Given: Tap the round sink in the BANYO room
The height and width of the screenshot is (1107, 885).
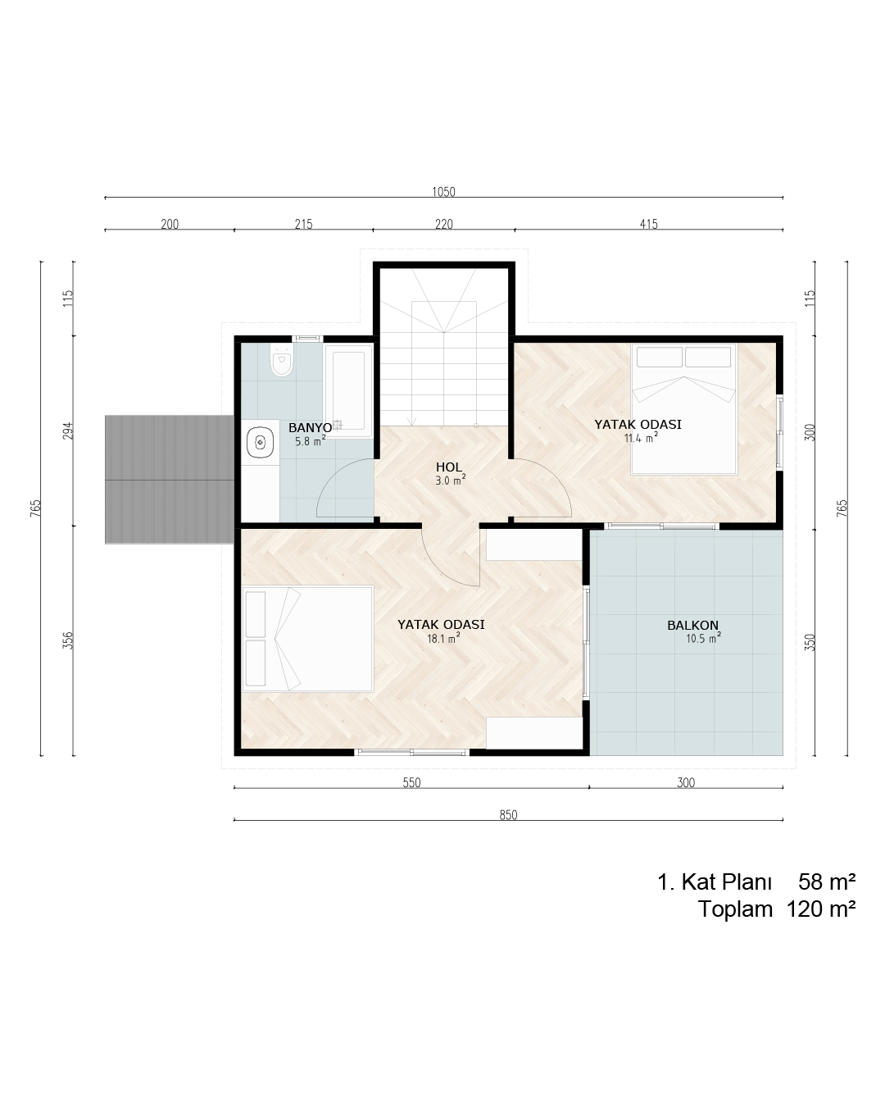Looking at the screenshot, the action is click(261, 441).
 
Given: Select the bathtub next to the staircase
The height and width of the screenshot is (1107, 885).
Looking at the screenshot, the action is click(348, 391).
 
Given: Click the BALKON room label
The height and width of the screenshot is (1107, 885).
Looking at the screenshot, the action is click(692, 626).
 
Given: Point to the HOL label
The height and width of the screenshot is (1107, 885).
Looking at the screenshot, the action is click(449, 467).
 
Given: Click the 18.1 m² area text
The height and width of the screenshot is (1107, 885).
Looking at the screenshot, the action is click(443, 639).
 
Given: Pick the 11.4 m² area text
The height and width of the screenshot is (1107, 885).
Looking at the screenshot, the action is click(641, 438).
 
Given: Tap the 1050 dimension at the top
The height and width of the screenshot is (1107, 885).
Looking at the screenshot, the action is click(443, 192).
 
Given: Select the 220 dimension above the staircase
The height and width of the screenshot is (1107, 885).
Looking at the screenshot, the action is click(444, 225).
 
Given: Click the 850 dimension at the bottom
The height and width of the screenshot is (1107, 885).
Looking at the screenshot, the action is click(508, 815).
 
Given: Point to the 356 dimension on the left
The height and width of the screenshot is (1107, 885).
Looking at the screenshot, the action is click(68, 640).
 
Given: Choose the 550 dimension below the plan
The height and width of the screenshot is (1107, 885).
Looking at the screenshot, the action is click(411, 782).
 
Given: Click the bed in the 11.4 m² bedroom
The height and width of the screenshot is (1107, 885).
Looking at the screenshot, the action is click(684, 408).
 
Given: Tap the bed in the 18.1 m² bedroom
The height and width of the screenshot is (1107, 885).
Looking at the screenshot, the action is click(307, 639).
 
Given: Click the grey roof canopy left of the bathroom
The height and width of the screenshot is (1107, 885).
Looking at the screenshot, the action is click(169, 480).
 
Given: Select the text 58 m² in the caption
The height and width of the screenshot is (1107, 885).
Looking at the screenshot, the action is click(827, 881).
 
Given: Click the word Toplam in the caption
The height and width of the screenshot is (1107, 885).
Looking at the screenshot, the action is click(735, 909).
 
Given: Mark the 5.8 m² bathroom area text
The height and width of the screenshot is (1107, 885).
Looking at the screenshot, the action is click(310, 441).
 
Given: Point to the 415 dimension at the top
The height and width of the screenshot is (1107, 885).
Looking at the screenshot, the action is click(648, 225).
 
